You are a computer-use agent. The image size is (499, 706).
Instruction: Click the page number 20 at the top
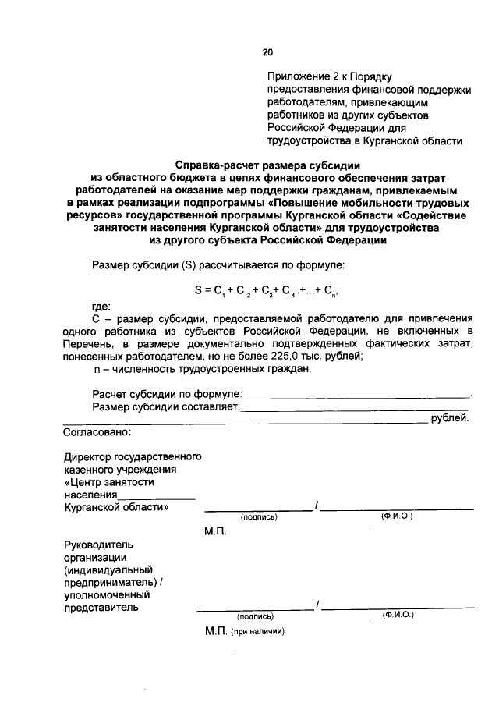[x=267, y=52]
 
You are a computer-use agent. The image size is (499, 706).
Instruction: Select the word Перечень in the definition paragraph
[x=87, y=343]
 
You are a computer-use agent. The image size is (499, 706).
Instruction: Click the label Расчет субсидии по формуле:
[x=167, y=394]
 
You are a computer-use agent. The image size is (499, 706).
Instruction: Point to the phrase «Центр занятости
[x=104, y=481]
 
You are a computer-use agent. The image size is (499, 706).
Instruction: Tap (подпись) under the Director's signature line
[x=259, y=516]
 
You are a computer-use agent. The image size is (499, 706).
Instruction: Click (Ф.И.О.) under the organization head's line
[x=398, y=614]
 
